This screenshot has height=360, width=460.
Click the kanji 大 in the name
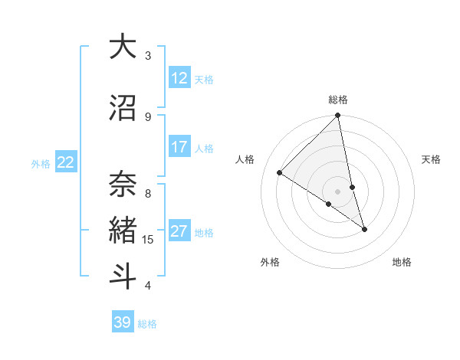coord(123,47)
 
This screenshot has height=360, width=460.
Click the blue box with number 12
coord(179,78)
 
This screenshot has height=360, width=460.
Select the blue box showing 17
coord(179,147)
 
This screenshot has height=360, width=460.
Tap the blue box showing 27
coord(179,231)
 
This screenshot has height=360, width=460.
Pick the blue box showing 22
coord(66,162)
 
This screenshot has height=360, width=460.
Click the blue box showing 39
coord(122,322)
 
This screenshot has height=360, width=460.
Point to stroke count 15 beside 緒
coord(148,240)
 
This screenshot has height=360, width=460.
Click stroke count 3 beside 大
coord(148,56)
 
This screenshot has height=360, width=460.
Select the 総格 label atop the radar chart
coord(338,100)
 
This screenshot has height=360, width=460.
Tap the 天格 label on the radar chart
coord(431,159)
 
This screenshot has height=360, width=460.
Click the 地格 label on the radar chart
coord(402,262)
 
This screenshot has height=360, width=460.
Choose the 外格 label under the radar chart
coord(270,262)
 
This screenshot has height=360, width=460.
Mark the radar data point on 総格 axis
coord(338,116)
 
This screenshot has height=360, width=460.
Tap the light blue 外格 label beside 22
coord(41,163)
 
